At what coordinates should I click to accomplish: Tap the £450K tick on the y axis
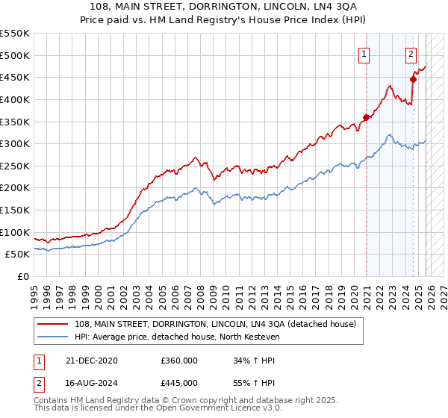click(15, 77)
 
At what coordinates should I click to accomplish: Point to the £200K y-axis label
click(15, 187)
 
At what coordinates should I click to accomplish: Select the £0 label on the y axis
click(22, 276)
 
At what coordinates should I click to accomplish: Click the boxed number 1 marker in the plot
click(364, 54)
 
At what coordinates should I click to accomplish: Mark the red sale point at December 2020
click(367, 116)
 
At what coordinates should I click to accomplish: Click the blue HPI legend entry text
click(176, 337)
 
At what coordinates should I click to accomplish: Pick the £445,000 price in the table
click(179, 383)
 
